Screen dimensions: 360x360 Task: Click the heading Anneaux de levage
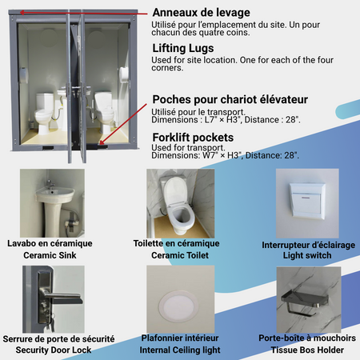[201, 13]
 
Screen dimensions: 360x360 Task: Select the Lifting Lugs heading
[183, 48]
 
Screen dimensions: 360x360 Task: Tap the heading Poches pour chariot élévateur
[230, 99]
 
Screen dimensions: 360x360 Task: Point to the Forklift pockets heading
[193, 138]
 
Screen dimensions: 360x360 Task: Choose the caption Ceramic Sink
[50, 255]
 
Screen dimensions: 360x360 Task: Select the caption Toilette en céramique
[176, 243]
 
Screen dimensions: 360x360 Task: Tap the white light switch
[308, 201]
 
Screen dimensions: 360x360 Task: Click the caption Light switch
[307, 255]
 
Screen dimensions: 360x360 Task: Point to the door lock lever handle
[62, 296]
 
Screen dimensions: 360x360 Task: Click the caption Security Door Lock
[54, 350]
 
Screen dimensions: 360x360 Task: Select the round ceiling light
[178, 305]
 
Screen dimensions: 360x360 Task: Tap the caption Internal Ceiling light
[180, 350]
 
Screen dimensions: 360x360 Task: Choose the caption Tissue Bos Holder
[307, 350]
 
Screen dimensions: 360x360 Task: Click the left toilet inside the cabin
[44, 113]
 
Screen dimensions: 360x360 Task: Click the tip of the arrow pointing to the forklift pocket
[100, 144]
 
